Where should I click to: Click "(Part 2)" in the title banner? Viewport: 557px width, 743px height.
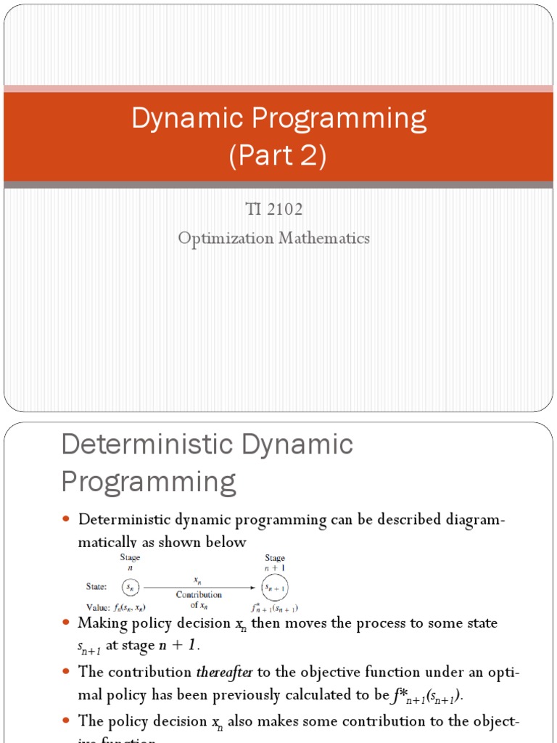(278, 156)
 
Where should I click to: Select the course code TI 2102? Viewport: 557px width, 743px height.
(275, 210)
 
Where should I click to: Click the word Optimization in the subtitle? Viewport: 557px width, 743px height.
(228, 238)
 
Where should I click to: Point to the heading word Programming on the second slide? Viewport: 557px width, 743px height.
(149, 481)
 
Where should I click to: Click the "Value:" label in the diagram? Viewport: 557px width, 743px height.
(96, 607)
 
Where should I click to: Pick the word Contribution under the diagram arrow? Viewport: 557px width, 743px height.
(199, 594)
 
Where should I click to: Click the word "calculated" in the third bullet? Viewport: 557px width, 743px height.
(326, 695)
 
